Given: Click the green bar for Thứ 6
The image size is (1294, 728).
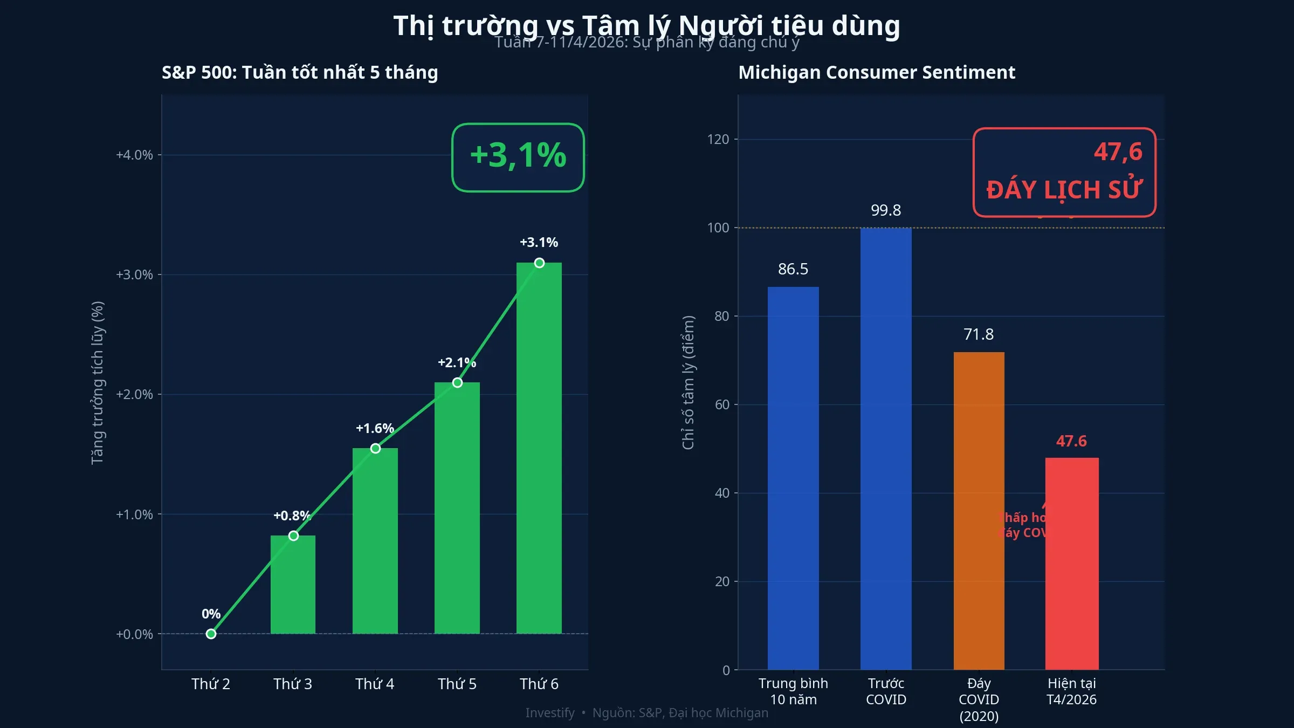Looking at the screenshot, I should [539, 448].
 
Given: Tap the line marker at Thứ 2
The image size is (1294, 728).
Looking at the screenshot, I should [211, 634].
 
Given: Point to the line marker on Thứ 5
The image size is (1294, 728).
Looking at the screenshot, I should [457, 382].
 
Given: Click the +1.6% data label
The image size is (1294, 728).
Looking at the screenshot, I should [375, 428].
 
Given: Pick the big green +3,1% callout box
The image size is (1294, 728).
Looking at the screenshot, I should [518, 157].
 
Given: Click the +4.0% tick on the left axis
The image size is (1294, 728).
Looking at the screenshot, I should [134, 155].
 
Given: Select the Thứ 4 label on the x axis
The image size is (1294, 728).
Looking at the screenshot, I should [375, 684].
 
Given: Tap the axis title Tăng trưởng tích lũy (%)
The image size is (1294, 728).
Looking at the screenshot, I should [97, 383].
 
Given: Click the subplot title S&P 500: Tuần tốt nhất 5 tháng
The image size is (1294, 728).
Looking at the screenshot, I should [300, 72].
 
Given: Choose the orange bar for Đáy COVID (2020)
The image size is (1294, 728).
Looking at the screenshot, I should [979, 510].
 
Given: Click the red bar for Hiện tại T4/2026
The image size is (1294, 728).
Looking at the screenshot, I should [1071, 564].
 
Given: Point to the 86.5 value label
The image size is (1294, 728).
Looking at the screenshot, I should [793, 269].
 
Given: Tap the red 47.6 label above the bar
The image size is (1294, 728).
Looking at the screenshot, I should [1071, 441].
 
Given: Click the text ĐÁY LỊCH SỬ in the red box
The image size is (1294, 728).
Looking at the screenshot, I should [1064, 190].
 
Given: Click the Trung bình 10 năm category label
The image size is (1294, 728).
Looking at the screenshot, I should [793, 691].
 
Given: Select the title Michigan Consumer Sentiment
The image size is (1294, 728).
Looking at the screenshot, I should [876, 72].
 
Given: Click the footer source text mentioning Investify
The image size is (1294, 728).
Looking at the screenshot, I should [646, 712].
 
